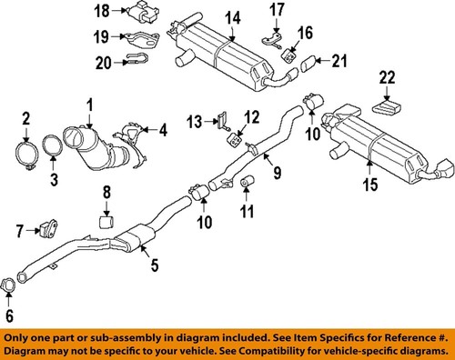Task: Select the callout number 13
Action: (194, 120)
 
